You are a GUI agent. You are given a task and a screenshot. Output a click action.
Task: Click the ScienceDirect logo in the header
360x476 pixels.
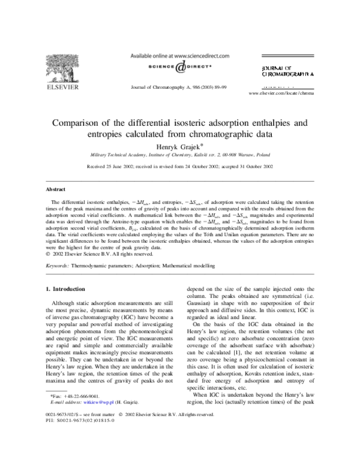[x=174, y=67]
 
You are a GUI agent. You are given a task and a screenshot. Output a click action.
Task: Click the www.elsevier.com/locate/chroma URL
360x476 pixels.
[x=281, y=94]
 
